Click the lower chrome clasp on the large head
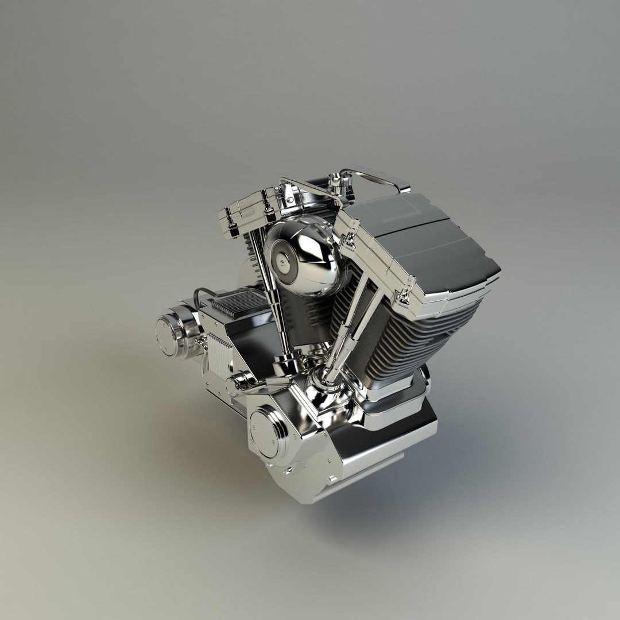pyautogui.click(x=405, y=296)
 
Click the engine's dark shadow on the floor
pyautogui.click(x=402, y=505)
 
